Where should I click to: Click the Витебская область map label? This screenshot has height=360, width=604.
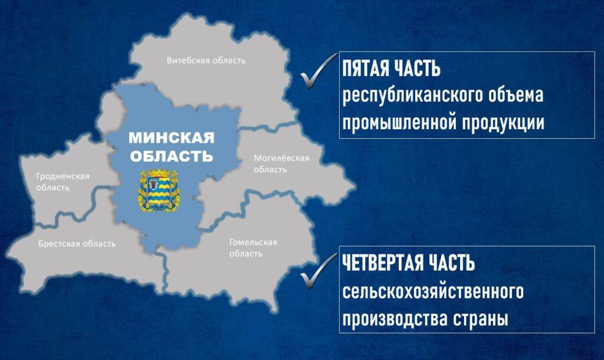click(206, 61)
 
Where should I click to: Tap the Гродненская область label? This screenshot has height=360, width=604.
click(63, 182)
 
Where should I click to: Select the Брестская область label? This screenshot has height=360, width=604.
click(77, 244)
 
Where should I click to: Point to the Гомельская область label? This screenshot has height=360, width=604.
click(253, 248)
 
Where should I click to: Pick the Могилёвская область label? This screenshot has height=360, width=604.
click(281, 164)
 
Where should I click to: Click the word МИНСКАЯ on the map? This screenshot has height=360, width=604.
click(172, 138)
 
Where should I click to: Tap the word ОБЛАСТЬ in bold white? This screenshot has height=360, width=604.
click(172, 156)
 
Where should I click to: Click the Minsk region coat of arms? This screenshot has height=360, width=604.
click(159, 191)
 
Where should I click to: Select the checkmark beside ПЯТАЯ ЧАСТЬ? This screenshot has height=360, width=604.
click(318, 71)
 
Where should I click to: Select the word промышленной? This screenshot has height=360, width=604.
click(399, 123)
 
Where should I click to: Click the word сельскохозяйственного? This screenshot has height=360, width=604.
click(433, 291)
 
